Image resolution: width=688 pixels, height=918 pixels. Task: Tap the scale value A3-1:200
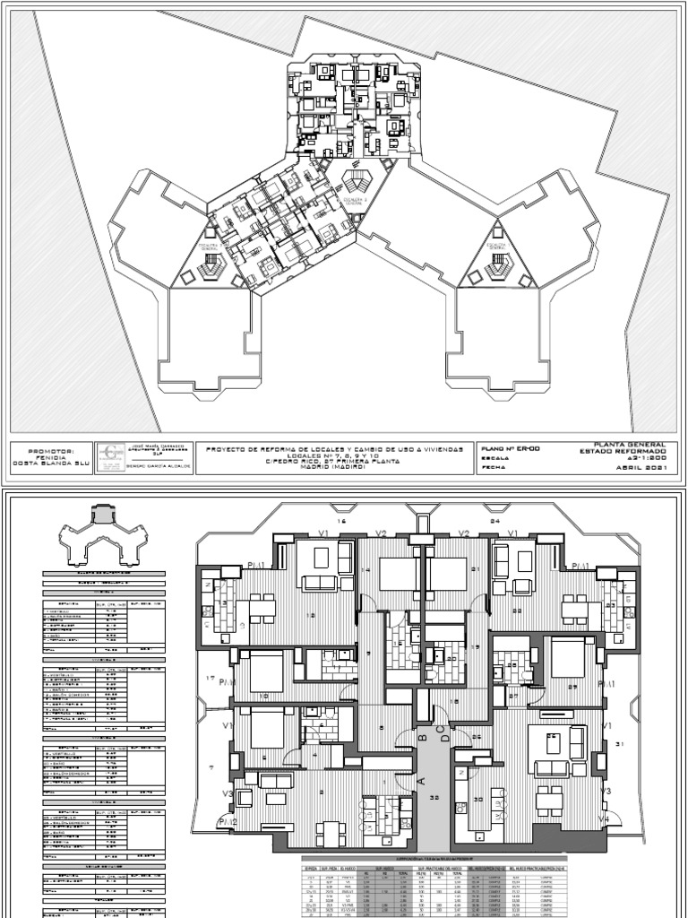pos(639,456)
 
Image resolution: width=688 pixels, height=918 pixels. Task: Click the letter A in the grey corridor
pos(419,781)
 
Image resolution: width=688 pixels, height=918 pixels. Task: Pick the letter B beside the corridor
pos(422,739)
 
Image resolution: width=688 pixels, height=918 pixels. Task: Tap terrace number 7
pos(211,767)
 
